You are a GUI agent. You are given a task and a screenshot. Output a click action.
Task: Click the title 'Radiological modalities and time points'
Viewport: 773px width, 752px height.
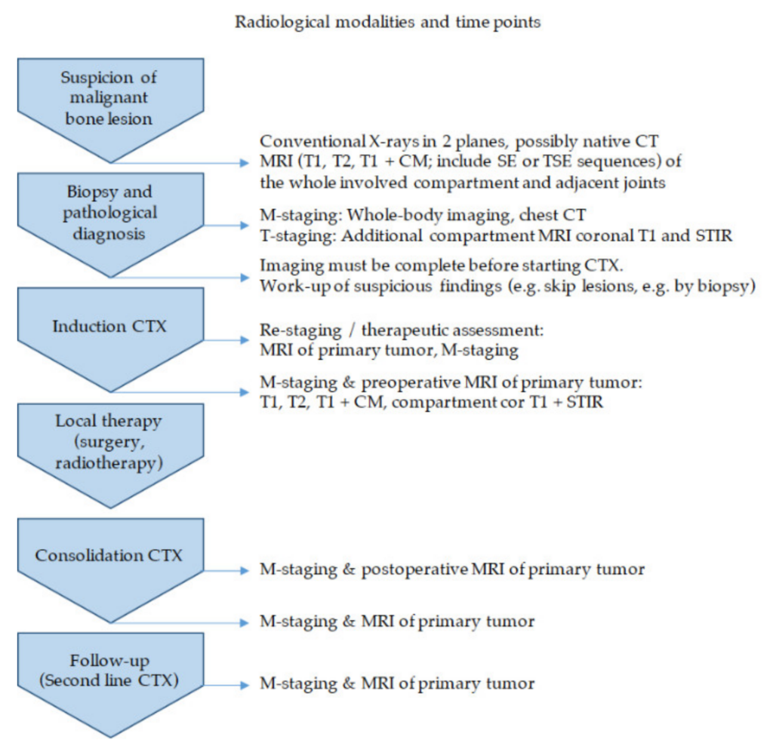tap(387, 22)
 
